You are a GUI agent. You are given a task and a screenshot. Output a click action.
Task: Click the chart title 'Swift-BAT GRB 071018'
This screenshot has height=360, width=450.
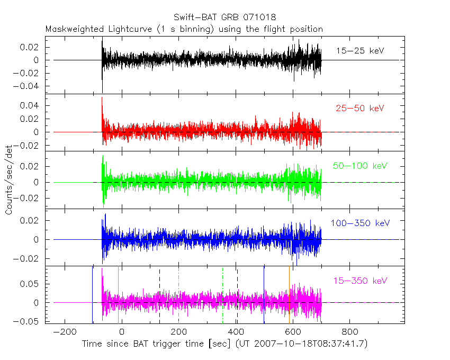click(224, 17)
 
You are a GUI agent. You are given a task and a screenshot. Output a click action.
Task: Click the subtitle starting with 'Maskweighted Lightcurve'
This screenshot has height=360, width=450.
click(184, 29)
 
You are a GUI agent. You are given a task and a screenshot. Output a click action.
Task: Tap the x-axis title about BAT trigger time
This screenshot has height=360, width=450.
click(224, 344)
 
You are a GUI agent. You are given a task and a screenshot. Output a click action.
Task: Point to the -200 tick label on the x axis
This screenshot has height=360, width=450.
click(65, 332)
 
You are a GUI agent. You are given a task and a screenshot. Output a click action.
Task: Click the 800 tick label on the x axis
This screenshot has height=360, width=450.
click(349, 332)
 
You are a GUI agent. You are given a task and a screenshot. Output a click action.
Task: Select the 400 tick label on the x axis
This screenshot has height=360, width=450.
click(236, 332)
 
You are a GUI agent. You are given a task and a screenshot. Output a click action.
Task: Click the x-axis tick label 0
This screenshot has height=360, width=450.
click(122, 332)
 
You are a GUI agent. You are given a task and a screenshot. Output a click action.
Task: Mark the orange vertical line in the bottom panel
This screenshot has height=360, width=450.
click(289, 294)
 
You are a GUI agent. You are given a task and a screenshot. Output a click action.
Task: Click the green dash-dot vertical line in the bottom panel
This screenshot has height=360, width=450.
click(223, 294)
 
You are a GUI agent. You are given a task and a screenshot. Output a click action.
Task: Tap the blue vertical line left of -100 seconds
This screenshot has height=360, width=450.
click(93, 294)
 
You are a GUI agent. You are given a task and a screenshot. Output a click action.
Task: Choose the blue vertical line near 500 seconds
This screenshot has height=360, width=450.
click(264, 294)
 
